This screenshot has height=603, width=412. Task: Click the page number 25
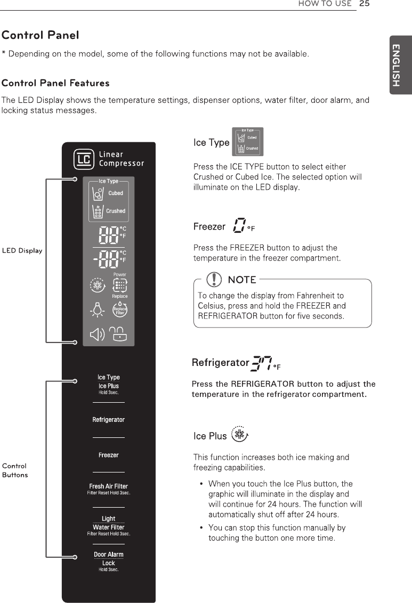click(365, 4)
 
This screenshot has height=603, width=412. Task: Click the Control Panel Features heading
click(55, 83)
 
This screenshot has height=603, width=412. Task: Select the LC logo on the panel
click(84, 159)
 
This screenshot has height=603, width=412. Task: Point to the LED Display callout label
click(22, 251)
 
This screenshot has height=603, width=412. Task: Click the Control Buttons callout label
click(15, 470)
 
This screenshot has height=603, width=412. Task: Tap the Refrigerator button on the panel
click(108, 420)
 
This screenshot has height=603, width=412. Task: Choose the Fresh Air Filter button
click(108, 486)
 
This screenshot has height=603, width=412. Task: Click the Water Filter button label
click(108, 527)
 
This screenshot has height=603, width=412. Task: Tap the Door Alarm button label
click(108, 555)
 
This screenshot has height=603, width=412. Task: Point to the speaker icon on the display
click(97, 334)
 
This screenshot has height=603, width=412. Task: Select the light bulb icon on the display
click(97, 310)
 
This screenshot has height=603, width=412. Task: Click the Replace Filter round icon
click(120, 310)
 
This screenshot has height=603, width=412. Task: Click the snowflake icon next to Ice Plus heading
click(240, 435)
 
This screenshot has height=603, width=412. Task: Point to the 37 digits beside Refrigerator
click(261, 364)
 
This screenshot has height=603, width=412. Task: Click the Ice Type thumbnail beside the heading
click(248, 142)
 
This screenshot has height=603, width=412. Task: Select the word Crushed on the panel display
click(116, 211)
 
